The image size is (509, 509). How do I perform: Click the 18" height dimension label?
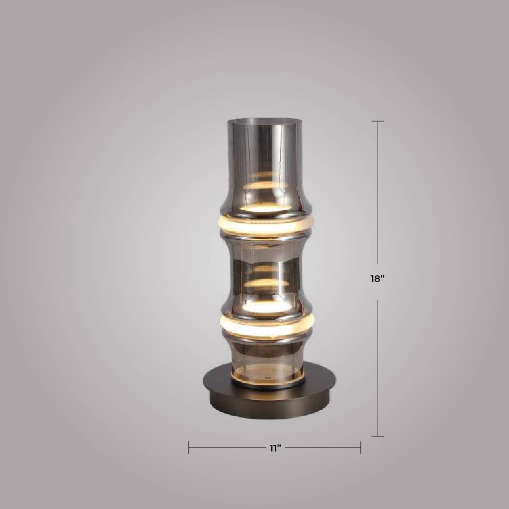coord(378,278)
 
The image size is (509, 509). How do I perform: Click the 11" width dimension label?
coord(275,448)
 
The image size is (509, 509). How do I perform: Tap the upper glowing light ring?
coord(266,225)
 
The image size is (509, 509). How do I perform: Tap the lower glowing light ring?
coord(267,326)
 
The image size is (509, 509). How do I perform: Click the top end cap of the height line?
coord(378,121)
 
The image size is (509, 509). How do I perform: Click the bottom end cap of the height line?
coord(378,437)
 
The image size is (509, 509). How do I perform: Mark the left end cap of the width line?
coord(189,447)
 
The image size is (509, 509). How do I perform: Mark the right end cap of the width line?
coord(360,447)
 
